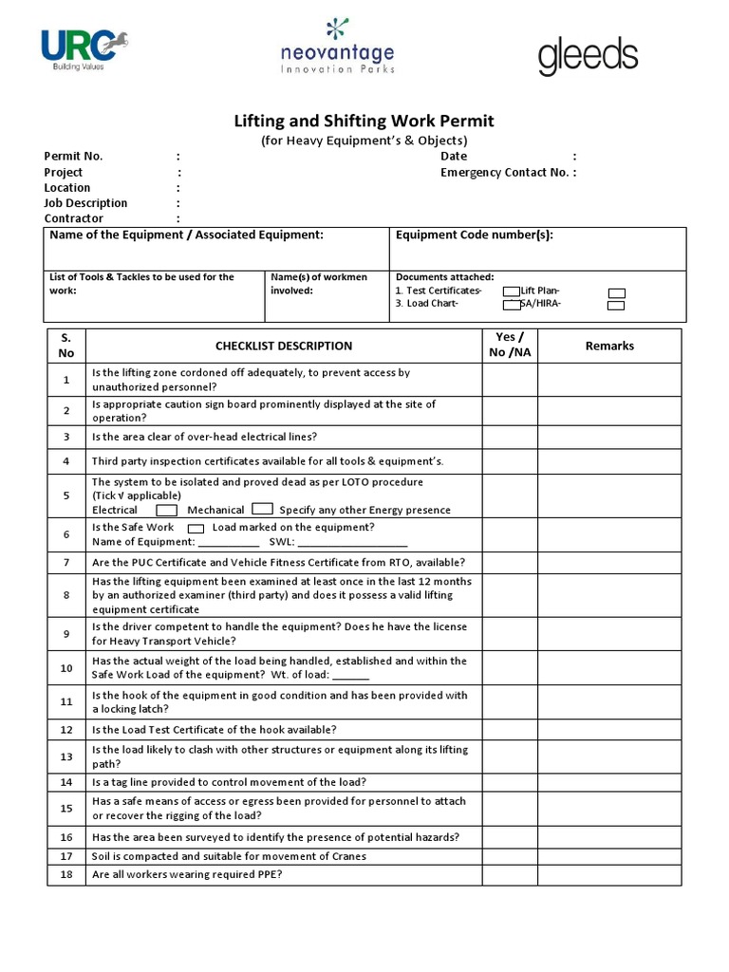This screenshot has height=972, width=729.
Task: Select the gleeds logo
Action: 588,57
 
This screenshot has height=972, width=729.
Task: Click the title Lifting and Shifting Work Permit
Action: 364,121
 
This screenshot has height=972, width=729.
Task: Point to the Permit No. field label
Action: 73,157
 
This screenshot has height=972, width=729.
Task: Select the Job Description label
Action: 85,203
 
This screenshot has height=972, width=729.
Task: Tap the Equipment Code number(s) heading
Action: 474,235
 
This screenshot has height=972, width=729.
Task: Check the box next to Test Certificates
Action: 512,291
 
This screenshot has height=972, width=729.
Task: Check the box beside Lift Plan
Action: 616,292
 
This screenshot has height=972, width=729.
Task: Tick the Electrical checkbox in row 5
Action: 166,510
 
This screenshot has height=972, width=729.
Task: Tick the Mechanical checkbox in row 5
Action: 263,510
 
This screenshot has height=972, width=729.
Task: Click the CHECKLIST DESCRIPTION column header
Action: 283,346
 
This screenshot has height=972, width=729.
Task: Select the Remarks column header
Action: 609,346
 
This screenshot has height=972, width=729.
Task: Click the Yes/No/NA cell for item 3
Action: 510,438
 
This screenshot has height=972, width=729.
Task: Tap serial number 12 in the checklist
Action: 66,730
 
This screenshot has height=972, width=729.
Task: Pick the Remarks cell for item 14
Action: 609,783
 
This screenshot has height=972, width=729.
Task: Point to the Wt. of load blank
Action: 351,677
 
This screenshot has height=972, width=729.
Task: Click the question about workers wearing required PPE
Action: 186,874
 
